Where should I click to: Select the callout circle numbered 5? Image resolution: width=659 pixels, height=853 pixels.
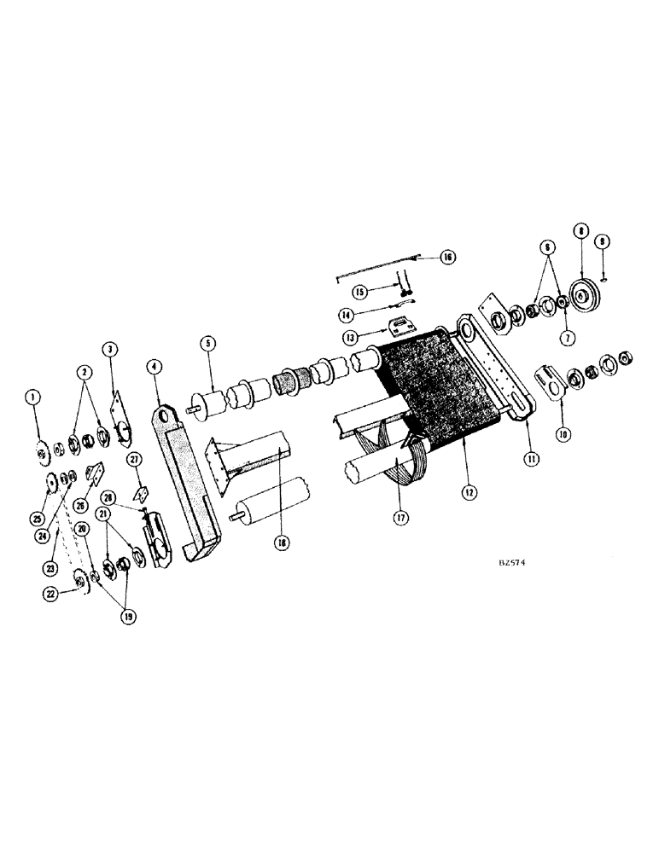click(206, 345)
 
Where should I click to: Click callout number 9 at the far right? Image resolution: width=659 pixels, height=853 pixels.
click(604, 241)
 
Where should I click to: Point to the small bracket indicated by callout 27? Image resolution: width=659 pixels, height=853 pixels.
click(141, 493)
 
